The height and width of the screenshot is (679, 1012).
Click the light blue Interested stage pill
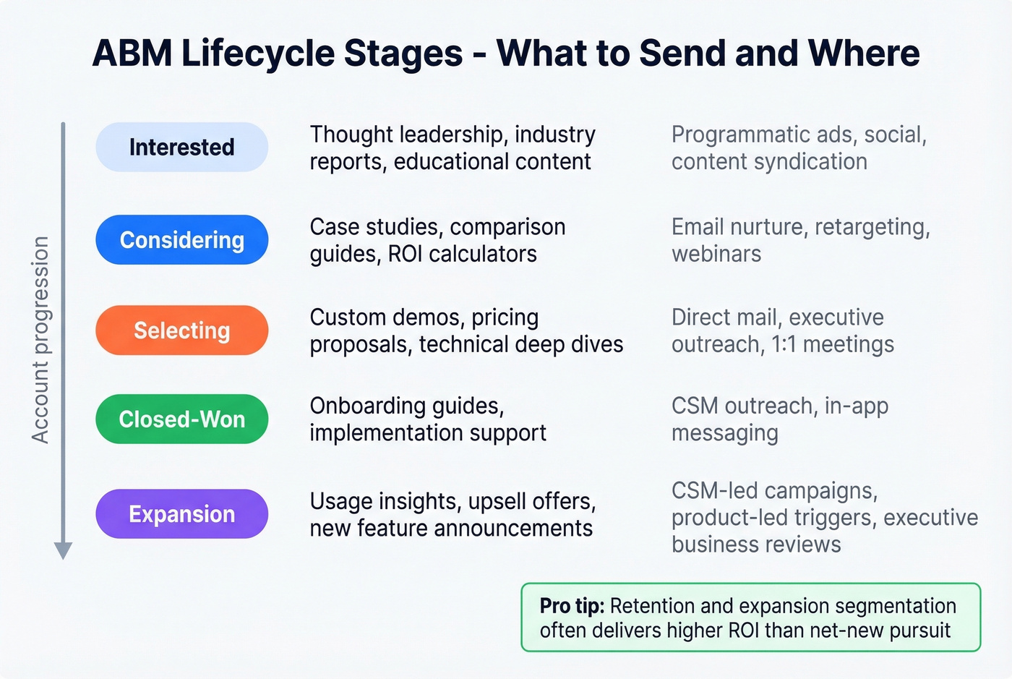tap(181, 147)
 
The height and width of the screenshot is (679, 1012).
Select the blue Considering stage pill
tap(181, 239)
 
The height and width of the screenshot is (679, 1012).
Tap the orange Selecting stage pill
tap(181, 330)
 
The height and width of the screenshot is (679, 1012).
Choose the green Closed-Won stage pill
tap(181, 419)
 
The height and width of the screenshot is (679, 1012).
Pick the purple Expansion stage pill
tap(181, 513)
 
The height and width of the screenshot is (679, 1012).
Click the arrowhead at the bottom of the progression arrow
tap(64, 550)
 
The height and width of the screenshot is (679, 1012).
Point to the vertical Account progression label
tap(40, 340)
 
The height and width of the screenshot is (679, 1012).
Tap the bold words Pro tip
tap(572, 606)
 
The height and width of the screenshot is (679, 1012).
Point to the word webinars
tap(716, 255)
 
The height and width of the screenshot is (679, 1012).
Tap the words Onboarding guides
tap(407, 406)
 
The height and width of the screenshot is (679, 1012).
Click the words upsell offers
tap(532, 501)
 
